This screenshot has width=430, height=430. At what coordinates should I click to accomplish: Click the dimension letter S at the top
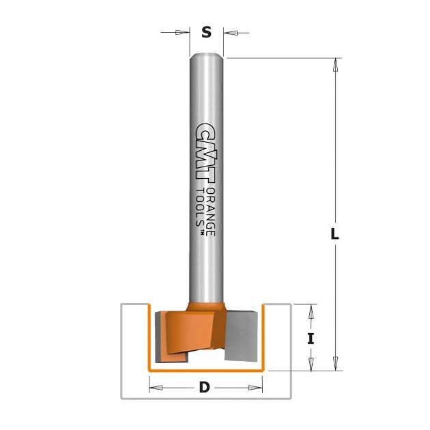pyautogui.click(x=207, y=32)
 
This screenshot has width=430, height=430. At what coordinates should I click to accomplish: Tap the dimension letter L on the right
pyautogui.click(x=334, y=233)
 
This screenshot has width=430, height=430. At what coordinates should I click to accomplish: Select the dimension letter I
pyautogui.click(x=311, y=339)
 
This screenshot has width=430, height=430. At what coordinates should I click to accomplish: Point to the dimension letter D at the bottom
pyautogui.click(x=204, y=388)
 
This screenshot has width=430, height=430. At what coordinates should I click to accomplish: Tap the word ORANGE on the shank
pyautogui.click(x=210, y=212)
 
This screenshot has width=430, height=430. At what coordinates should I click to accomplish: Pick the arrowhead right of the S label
pyautogui.click(x=231, y=33)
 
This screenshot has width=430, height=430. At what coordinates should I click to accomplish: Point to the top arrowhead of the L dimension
pyautogui.click(x=335, y=65)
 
